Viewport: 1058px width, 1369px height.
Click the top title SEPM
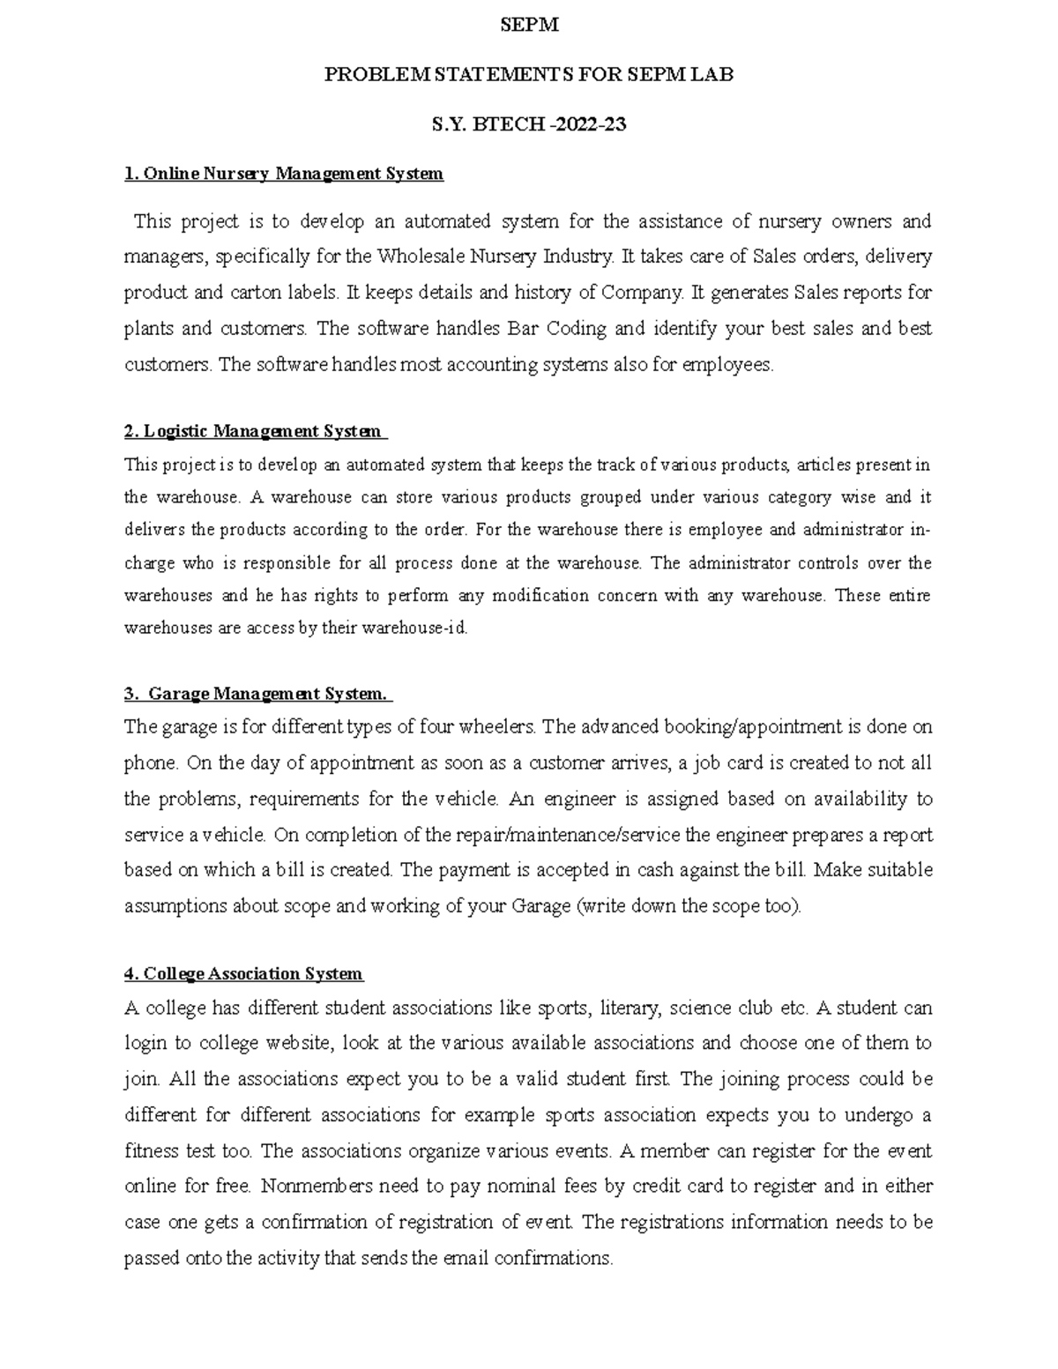pos(529,26)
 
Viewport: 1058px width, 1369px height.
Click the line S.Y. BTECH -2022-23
pos(529,124)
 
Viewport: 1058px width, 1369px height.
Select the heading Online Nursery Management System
pos(284,174)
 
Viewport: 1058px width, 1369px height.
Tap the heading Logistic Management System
pos(254,431)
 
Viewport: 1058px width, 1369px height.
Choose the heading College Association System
pos(243,974)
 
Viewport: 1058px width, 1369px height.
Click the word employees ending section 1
pos(727,365)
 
